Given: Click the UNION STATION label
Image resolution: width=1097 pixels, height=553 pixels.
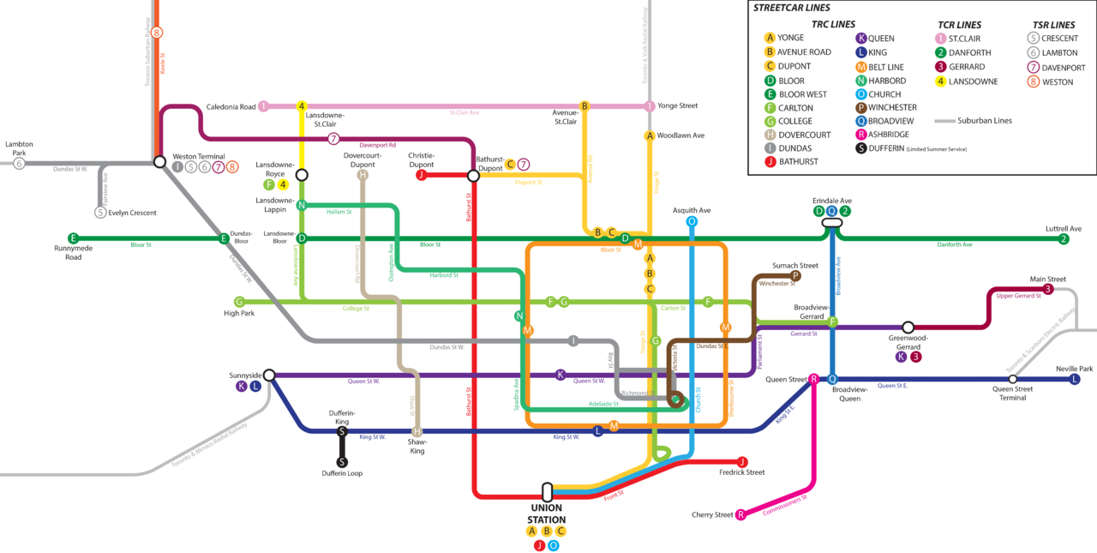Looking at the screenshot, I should click(546, 514).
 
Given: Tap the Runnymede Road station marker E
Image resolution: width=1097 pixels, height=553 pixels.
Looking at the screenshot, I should click(73, 238).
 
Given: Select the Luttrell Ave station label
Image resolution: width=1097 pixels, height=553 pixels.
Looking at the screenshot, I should click(1064, 229).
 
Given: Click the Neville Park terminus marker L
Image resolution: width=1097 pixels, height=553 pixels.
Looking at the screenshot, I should click(1075, 379).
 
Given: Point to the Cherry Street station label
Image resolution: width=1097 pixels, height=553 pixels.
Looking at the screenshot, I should click(712, 514).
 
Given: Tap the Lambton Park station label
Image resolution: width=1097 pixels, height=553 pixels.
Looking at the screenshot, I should click(19, 148).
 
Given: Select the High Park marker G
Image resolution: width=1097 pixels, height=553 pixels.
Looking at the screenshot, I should click(239, 302).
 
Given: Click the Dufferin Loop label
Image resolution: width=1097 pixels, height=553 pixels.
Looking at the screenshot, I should click(342, 473).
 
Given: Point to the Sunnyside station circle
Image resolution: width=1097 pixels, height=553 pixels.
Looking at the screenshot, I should click(268, 375).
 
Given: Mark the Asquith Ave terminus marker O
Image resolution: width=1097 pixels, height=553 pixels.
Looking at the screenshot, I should click(692, 221).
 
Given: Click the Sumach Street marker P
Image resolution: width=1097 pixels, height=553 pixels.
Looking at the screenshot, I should click(795, 276).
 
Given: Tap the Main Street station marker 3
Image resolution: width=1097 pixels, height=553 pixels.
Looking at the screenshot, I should click(1048, 290).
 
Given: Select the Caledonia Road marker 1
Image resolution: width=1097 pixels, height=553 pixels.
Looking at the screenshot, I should click(264, 106).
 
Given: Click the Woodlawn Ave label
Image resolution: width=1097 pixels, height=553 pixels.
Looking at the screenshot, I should click(680, 135).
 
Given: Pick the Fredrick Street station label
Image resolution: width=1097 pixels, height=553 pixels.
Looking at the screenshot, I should click(742, 472).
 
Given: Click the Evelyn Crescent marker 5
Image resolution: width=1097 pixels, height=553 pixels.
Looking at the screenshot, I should click(100, 213).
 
